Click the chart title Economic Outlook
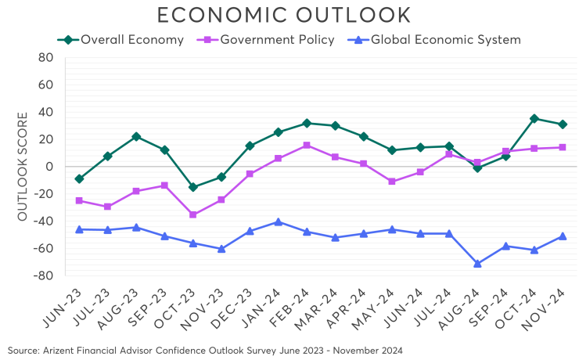point(284,15)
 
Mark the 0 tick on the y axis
point(49,167)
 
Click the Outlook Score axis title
point(23,167)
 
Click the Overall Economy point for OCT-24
point(534,119)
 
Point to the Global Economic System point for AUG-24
point(477,264)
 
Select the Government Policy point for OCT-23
point(192,214)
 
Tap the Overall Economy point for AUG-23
point(136,136)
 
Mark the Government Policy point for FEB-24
point(307,146)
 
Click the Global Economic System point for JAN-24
point(278,222)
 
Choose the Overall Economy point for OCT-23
point(192,187)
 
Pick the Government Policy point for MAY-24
point(392,181)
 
